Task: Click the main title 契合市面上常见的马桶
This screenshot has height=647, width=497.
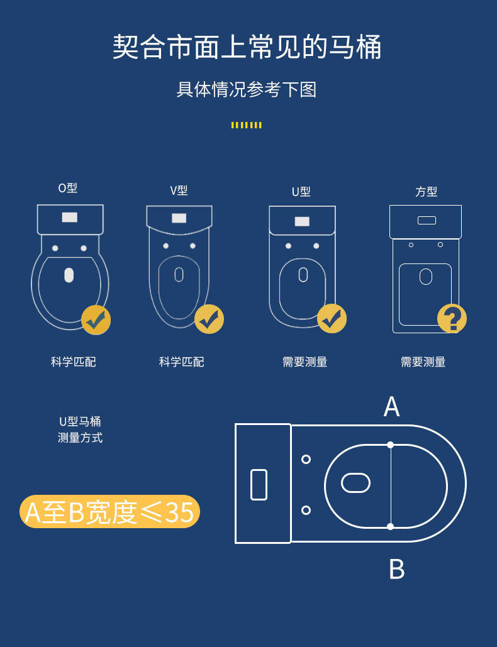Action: click(x=247, y=47)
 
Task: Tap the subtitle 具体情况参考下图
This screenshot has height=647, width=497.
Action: click(x=247, y=89)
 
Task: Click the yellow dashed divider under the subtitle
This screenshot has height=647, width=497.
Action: click(x=247, y=125)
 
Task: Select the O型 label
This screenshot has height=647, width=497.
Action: click(x=68, y=188)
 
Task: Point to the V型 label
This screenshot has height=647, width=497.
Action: click(x=179, y=191)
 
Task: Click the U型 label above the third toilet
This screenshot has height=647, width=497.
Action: click(x=301, y=191)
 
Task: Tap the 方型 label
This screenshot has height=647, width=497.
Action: click(x=426, y=191)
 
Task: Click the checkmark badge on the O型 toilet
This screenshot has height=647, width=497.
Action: click(x=96, y=320)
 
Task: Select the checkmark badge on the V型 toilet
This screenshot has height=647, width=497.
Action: click(x=209, y=319)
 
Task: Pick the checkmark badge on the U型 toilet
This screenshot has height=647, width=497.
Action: click(x=332, y=319)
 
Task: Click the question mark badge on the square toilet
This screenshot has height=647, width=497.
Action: click(x=452, y=318)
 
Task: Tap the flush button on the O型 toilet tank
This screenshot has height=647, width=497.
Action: click(x=70, y=217)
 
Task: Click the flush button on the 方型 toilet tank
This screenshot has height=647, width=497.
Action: click(x=427, y=220)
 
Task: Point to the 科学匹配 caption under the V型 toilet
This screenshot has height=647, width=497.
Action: click(x=182, y=362)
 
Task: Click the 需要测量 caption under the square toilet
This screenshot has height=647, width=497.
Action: click(x=423, y=362)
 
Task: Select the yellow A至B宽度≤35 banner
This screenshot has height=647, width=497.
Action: click(x=110, y=512)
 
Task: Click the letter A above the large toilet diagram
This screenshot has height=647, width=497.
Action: click(x=391, y=407)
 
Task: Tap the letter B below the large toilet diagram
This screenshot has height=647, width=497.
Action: click(x=397, y=569)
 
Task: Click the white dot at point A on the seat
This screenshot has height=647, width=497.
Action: click(x=391, y=445)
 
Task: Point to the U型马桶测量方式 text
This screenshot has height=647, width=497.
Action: click(x=80, y=429)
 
